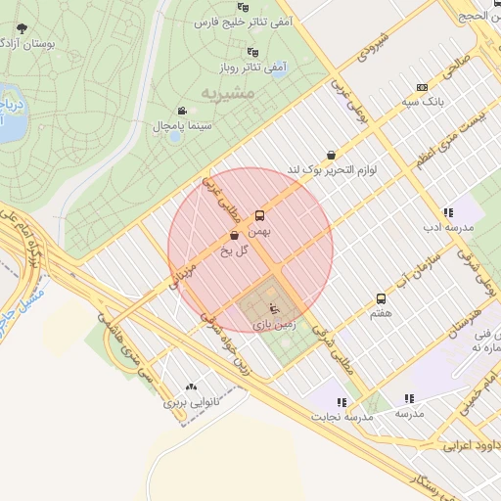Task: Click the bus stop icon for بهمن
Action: (x=259, y=214)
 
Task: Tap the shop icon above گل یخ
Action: (x=234, y=236)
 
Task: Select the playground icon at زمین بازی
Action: (x=274, y=309)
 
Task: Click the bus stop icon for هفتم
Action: (x=381, y=298)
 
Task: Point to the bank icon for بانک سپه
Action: (x=422, y=85)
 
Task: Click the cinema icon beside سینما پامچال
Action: (x=182, y=111)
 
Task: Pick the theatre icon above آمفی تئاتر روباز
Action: (x=253, y=52)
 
